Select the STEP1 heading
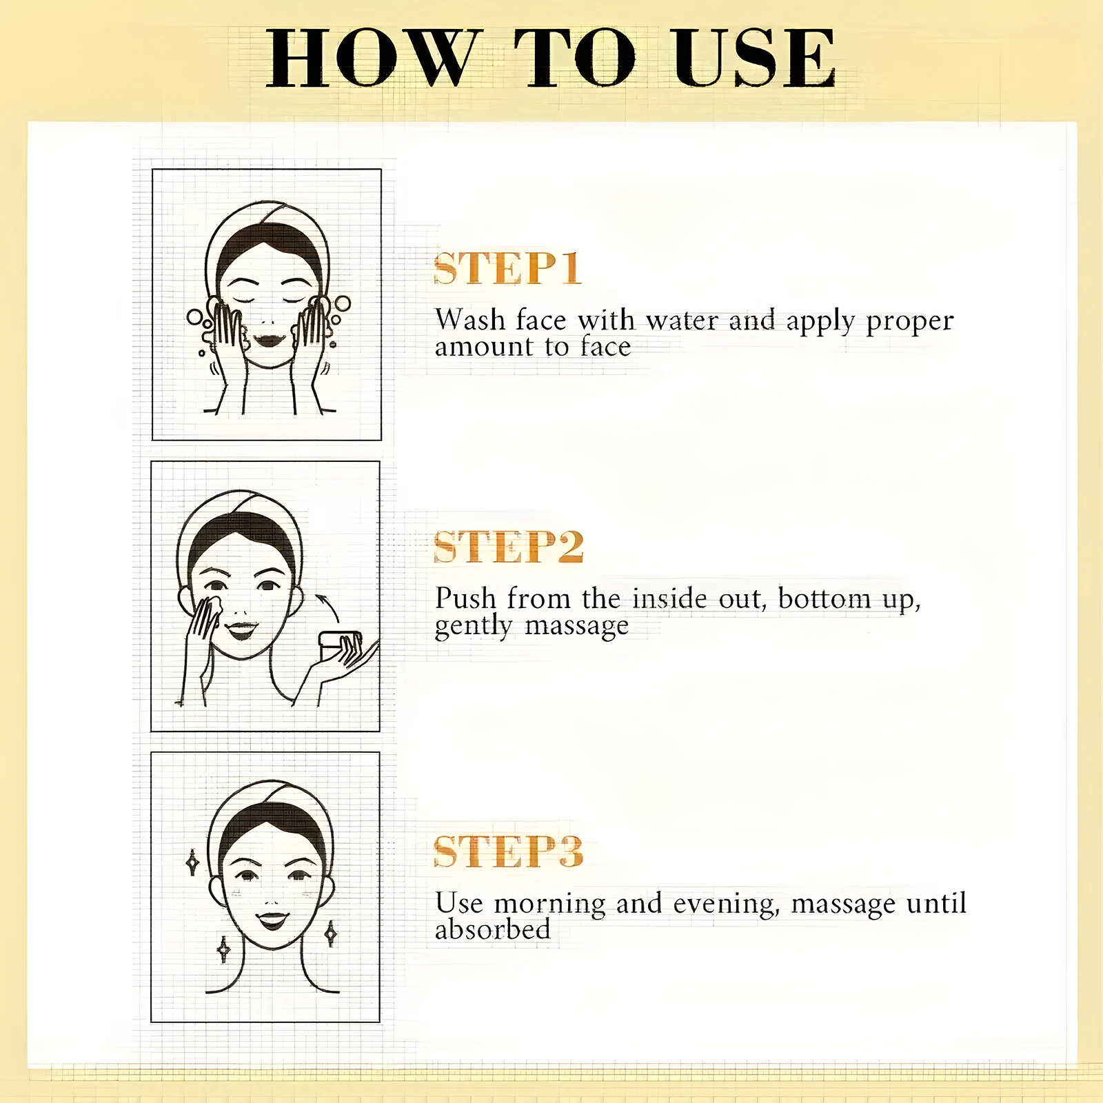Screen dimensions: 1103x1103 tap(507, 268)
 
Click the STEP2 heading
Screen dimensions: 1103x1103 tap(509, 547)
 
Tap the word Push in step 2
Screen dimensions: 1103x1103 tap(465, 598)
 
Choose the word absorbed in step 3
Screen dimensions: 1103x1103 tap(493, 929)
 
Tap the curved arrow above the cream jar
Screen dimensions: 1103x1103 tap(328, 608)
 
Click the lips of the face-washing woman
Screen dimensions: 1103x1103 tap(269, 340)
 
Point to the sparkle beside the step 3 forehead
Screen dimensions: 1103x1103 tap(193, 862)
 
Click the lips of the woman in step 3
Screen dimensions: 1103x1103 tap(272, 920)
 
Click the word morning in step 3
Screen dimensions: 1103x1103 tap(550, 904)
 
